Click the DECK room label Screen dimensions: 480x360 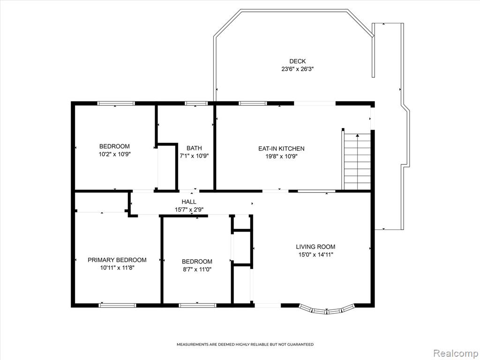tap(297, 61)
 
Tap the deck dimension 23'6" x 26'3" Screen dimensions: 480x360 tap(298, 69)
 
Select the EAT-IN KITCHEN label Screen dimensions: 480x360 tap(281, 149)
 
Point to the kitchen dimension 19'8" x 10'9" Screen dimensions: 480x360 tap(281, 157)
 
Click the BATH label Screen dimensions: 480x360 tap(194, 148)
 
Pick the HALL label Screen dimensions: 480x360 tap(189, 202)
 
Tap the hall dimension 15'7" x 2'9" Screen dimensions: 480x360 tap(189, 210)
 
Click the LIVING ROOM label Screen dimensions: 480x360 tap(315, 247)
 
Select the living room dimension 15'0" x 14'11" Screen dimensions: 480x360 tap(315, 255)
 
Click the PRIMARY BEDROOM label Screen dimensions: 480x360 tap(117, 260)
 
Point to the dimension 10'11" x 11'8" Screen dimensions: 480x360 tap(117, 268)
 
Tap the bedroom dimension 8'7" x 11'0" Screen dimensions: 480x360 tap(197, 270)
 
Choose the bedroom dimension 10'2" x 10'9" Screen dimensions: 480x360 tap(114, 154)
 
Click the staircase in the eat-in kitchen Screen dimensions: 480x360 tap(357, 162)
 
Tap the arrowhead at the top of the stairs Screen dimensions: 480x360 tap(357, 135)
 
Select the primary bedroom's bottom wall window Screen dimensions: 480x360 tap(117, 305)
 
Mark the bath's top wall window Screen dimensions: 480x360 tap(196, 103)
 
